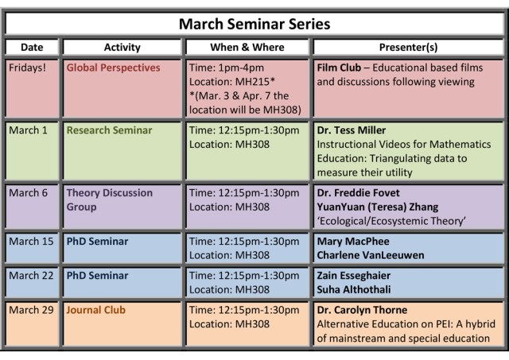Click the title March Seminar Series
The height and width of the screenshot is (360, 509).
[x=254, y=23]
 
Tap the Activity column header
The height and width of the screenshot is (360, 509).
[x=122, y=48]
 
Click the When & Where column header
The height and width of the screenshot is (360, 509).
[x=247, y=48]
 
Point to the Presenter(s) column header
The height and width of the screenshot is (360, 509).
[x=408, y=48]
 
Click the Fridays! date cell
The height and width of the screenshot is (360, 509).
[x=28, y=68]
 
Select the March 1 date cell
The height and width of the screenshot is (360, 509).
[x=28, y=130]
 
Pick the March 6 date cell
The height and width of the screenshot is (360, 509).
[x=28, y=193]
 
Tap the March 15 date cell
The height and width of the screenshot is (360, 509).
[x=31, y=242]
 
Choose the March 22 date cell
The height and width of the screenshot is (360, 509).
[x=31, y=276]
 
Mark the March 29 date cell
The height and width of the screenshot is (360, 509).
[x=31, y=310]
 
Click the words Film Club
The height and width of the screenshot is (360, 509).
[x=340, y=68]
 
